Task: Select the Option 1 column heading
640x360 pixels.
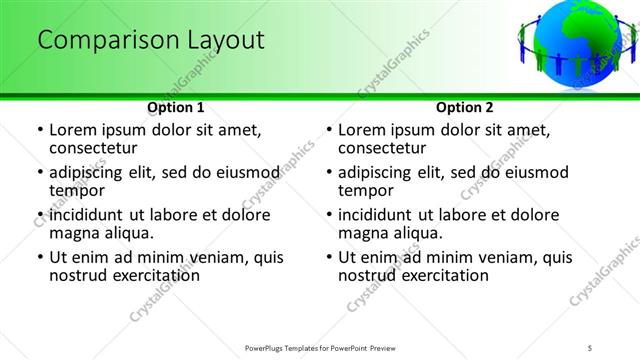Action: point(176,107)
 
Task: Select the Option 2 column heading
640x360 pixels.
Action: point(465,107)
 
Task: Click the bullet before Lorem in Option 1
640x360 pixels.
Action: point(39,130)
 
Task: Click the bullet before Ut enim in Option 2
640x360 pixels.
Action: point(328,257)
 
